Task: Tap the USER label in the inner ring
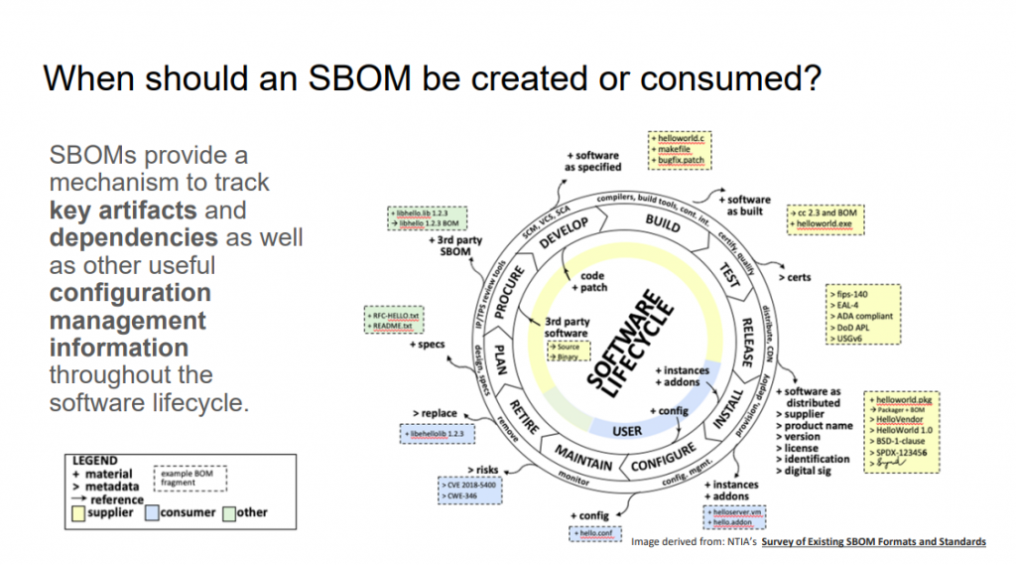(x=628, y=431)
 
